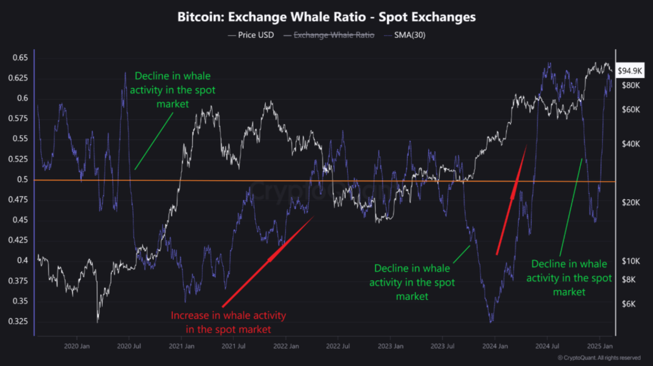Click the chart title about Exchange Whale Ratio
pyautogui.click(x=326, y=17)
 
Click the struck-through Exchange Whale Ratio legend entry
pyautogui.click(x=334, y=35)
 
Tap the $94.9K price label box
pyautogui.click(x=630, y=71)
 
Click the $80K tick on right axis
pyautogui.click(x=630, y=85)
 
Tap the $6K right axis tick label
pyautogui.click(x=628, y=304)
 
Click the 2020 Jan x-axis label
pyautogui.click(x=77, y=346)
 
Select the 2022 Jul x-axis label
pyautogui.click(x=338, y=346)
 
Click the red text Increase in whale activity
pyautogui.click(x=228, y=322)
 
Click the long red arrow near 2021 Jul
pyautogui.click(x=268, y=260)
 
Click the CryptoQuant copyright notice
pyautogui.click(x=599, y=358)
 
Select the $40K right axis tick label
pyautogui.click(x=630, y=144)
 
